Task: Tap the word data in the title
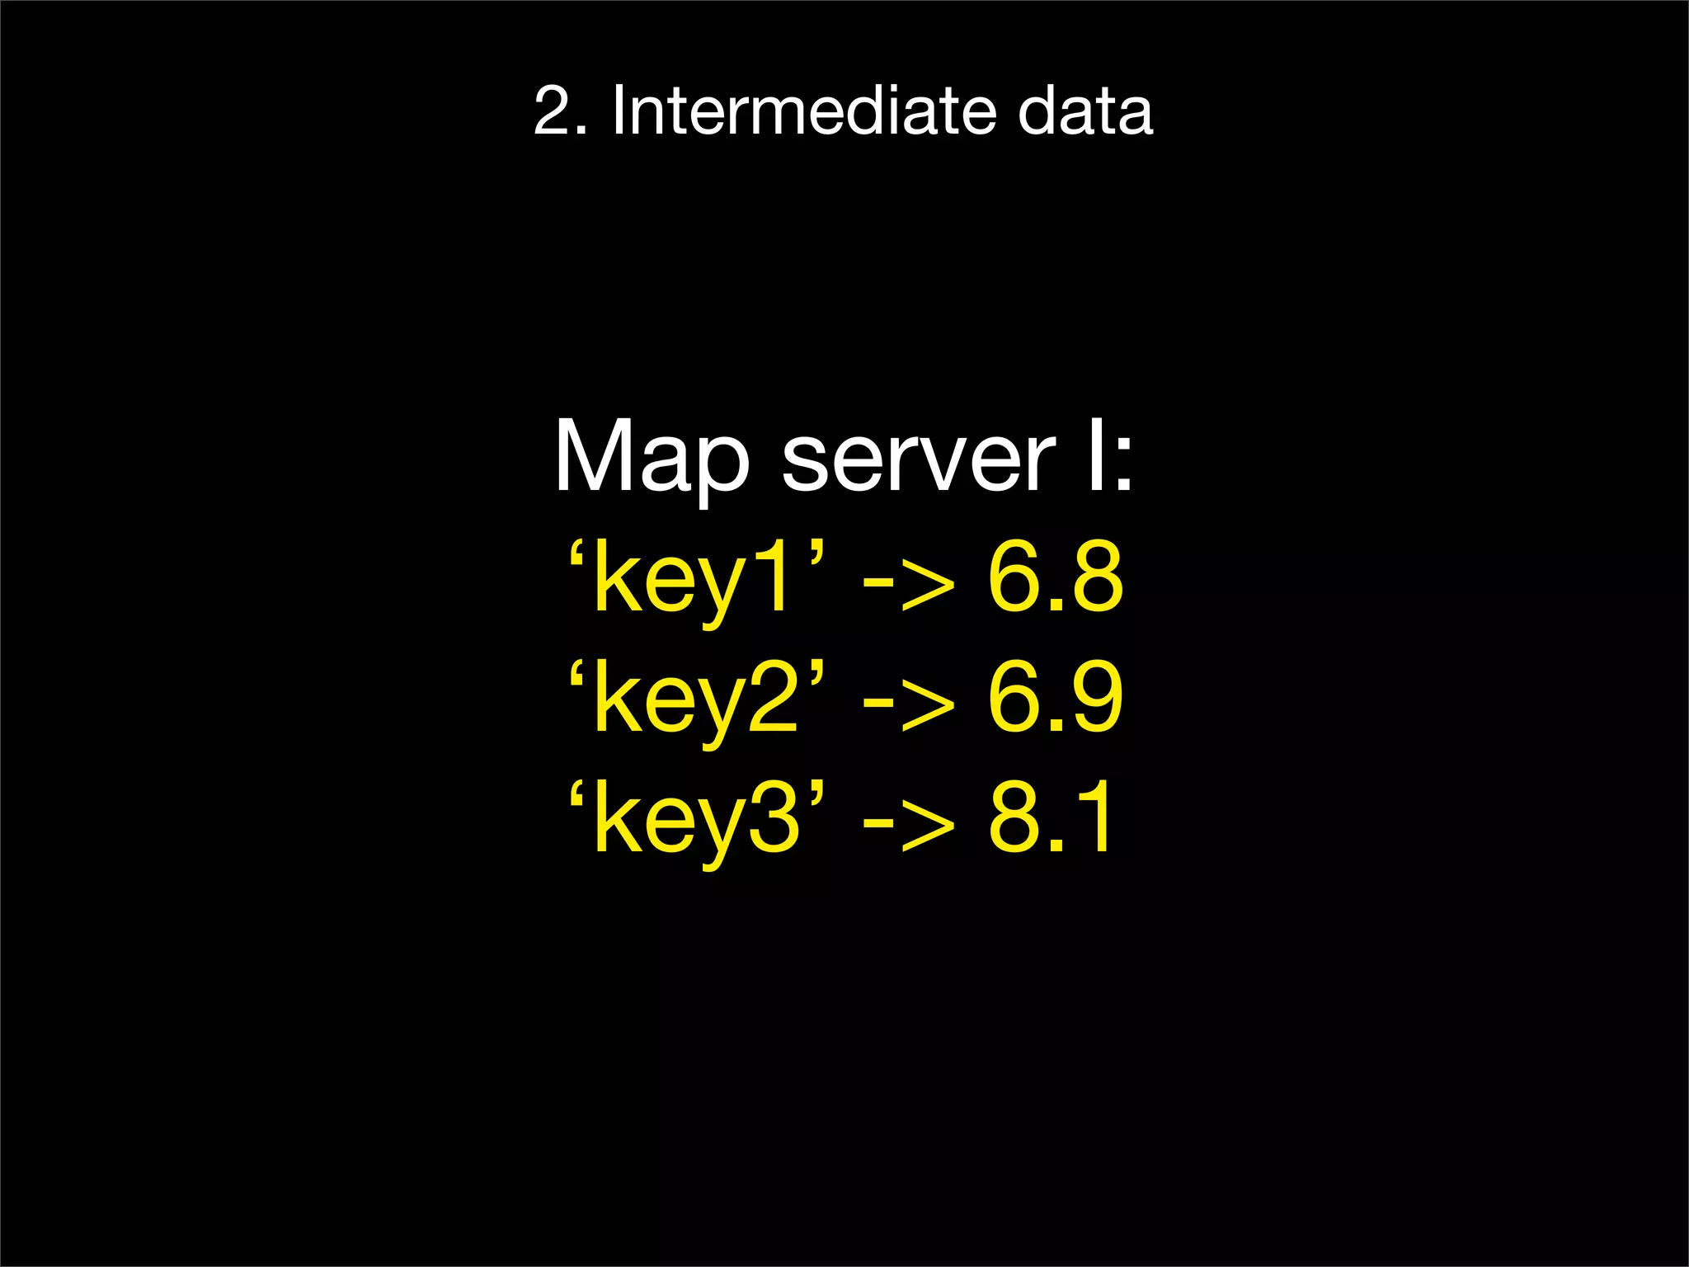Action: click(1084, 111)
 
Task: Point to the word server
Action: click(917, 462)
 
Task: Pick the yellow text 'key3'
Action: click(697, 819)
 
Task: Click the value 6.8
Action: click(1055, 577)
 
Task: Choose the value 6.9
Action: click(1055, 698)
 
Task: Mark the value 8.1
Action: click(1052, 817)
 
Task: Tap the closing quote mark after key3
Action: click(816, 791)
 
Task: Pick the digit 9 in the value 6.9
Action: click(1093, 698)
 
